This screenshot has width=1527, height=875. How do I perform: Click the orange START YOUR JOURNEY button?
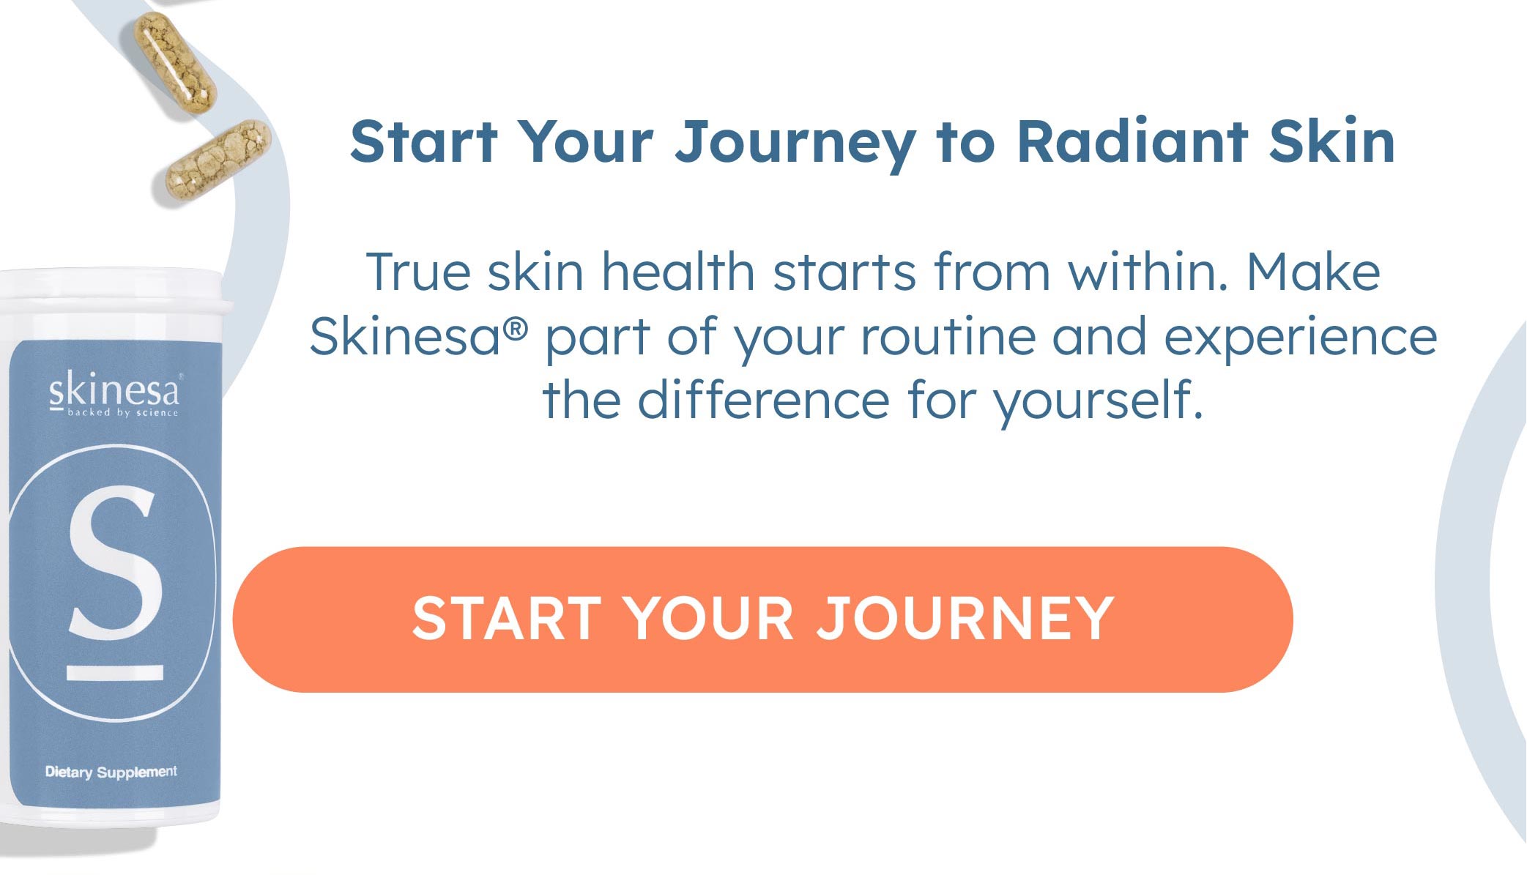coord(762,619)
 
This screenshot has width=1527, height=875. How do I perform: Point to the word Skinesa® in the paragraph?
coord(418,336)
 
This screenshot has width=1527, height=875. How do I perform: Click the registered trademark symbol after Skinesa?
coord(515,329)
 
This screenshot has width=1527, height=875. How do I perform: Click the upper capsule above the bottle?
coord(175,65)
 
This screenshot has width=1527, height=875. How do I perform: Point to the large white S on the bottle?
coord(115,562)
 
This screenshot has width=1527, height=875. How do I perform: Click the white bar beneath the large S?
coord(115,672)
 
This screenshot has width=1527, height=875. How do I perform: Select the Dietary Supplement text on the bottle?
coord(111,772)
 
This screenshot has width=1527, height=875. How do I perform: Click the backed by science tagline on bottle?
coord(123,412)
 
